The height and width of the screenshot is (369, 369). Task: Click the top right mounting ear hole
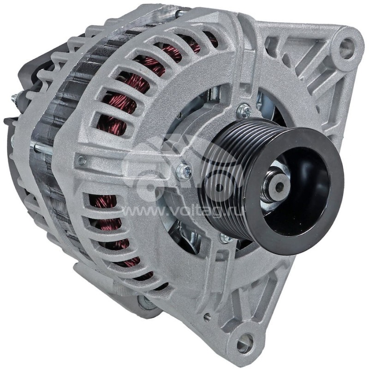coord(346,47)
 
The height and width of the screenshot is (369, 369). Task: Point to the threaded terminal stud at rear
coord(15,98)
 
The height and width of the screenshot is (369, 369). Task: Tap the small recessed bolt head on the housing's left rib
coord(82,160)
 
